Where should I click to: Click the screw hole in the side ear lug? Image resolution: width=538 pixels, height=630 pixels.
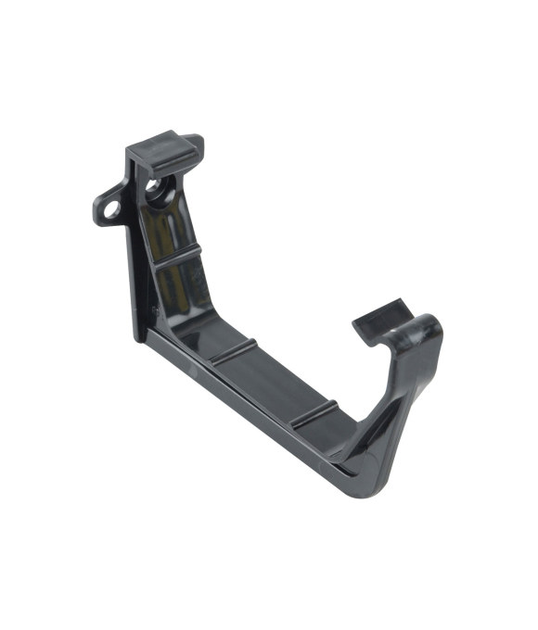112,209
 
